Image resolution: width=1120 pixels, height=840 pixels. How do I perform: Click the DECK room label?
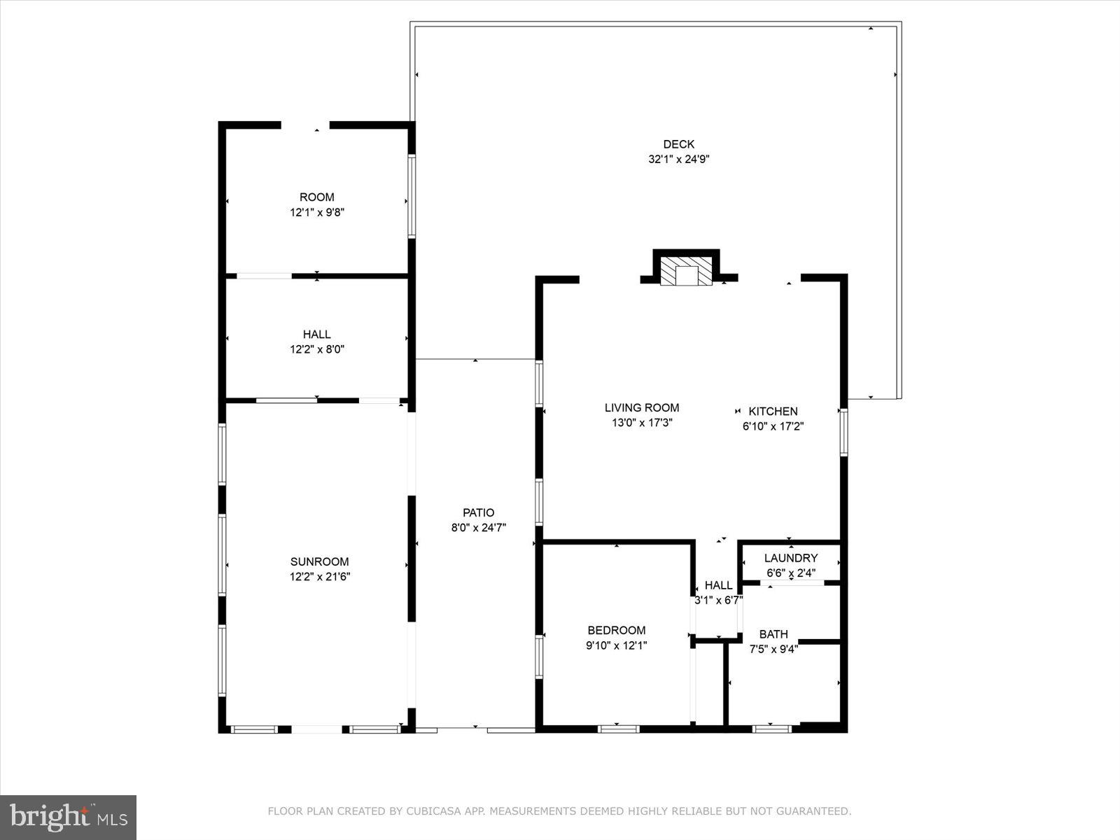[x=678, y=144]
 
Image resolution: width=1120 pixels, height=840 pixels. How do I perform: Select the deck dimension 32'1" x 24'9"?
[x=678, y=160]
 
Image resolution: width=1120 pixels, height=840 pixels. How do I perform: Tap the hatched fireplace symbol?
[x=686, y=271]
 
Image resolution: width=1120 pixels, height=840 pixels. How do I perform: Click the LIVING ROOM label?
[x=642, y=407]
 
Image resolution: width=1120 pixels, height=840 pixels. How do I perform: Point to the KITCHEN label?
[x=773, y=412]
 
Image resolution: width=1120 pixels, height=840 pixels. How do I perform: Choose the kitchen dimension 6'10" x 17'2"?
[x=773, y=426]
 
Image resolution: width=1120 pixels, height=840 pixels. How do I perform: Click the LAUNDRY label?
[x=790, y=558]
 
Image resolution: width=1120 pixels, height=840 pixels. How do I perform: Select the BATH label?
[x=773, y=634]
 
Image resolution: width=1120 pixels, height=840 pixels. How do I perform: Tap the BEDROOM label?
[x=616, y=630]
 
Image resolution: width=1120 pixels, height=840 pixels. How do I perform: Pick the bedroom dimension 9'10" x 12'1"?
[x=616, y=645]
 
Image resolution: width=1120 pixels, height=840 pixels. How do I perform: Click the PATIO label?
[x=478, y=512]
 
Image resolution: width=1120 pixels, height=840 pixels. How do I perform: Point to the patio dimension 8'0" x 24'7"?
[x=478, y=528]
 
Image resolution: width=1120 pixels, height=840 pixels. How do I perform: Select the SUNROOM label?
[x=319, y=561]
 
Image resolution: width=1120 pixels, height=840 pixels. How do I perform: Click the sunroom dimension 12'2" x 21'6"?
[x=319, y=577]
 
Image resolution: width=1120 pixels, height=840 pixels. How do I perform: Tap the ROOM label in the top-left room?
[x=317, y=197]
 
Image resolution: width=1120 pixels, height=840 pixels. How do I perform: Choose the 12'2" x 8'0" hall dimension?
[x=317, y=349]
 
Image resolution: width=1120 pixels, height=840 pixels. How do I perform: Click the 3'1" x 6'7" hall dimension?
[x=717, y=601]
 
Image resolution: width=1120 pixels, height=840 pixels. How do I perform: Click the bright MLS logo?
[x=69, y=817]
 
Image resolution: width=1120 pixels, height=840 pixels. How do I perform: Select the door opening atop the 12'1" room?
[x=305, y=125]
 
